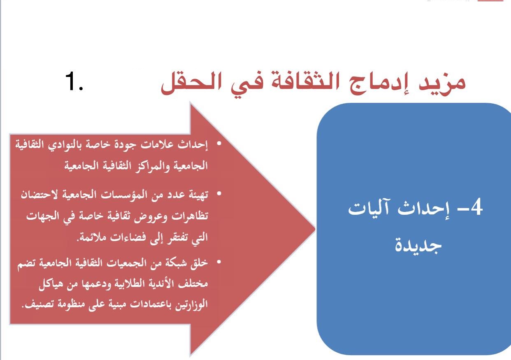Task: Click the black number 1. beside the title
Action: coord(74,81)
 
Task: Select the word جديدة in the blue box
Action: coord(418,245)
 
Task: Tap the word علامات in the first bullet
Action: coord(158,145)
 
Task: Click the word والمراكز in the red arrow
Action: coord(152,166)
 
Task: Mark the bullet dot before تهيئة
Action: coord(219,194)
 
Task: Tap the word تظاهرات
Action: coord(190,216)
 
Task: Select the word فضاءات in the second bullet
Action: coord(126,237)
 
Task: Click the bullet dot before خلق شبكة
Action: coord(219,262)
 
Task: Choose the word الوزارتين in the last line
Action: coord(191,305)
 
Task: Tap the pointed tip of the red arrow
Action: coord(315,229)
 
